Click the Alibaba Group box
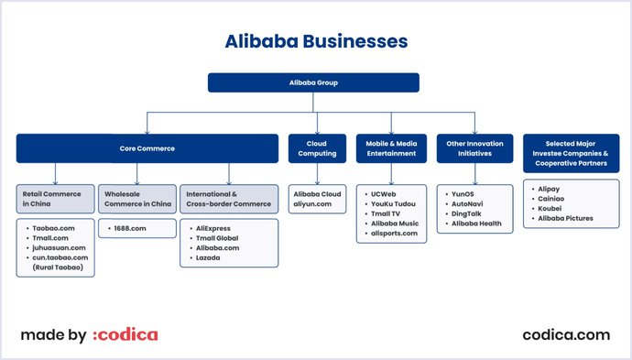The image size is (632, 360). coord(314,82)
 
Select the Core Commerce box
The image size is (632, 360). coord(147,147)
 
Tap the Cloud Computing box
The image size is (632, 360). coord(317,147)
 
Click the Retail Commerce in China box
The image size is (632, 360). coord(55,199)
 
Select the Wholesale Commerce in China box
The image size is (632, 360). coord(136,199)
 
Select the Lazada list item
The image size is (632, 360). coord(208,257)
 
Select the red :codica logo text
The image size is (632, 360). coord(125,335)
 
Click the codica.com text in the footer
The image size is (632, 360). coord(566,335)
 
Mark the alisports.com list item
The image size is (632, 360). coord(394,234)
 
